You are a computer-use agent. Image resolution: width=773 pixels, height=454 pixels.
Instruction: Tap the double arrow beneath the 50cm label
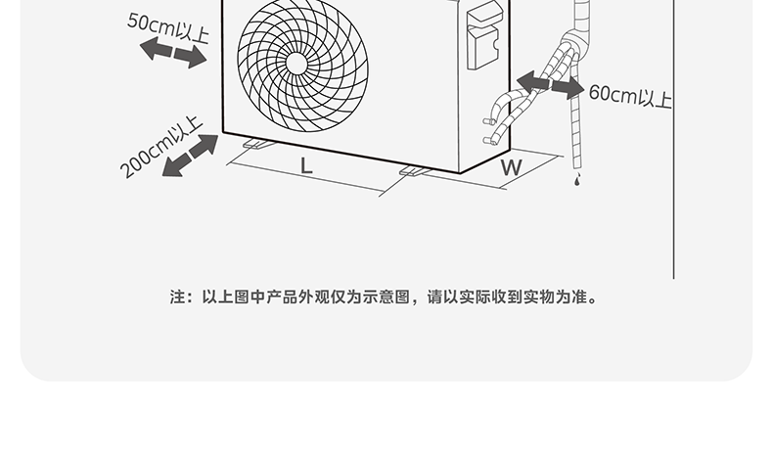click(x=173, y=53)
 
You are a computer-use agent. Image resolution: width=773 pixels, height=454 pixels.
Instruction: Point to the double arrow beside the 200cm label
click(x=190, y=156)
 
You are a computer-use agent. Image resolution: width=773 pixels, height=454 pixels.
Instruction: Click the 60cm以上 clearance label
click(x=629, y=96)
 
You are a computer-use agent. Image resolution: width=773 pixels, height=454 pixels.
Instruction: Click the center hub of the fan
click(x=296, y=62)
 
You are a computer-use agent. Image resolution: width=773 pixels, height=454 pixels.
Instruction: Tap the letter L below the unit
click(x=306, y=165)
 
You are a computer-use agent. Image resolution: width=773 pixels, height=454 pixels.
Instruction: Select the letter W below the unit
click(x=511, y=167)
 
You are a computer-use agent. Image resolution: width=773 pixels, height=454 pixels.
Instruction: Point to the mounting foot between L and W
click(x=415, y=172)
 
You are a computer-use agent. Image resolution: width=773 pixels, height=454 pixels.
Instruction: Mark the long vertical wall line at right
click(x=674, y=147)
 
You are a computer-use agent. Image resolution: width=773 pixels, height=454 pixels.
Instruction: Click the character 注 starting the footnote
click(x=178, y=296)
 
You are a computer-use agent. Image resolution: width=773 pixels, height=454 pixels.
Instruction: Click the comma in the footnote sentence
click(x=421, y=298)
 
